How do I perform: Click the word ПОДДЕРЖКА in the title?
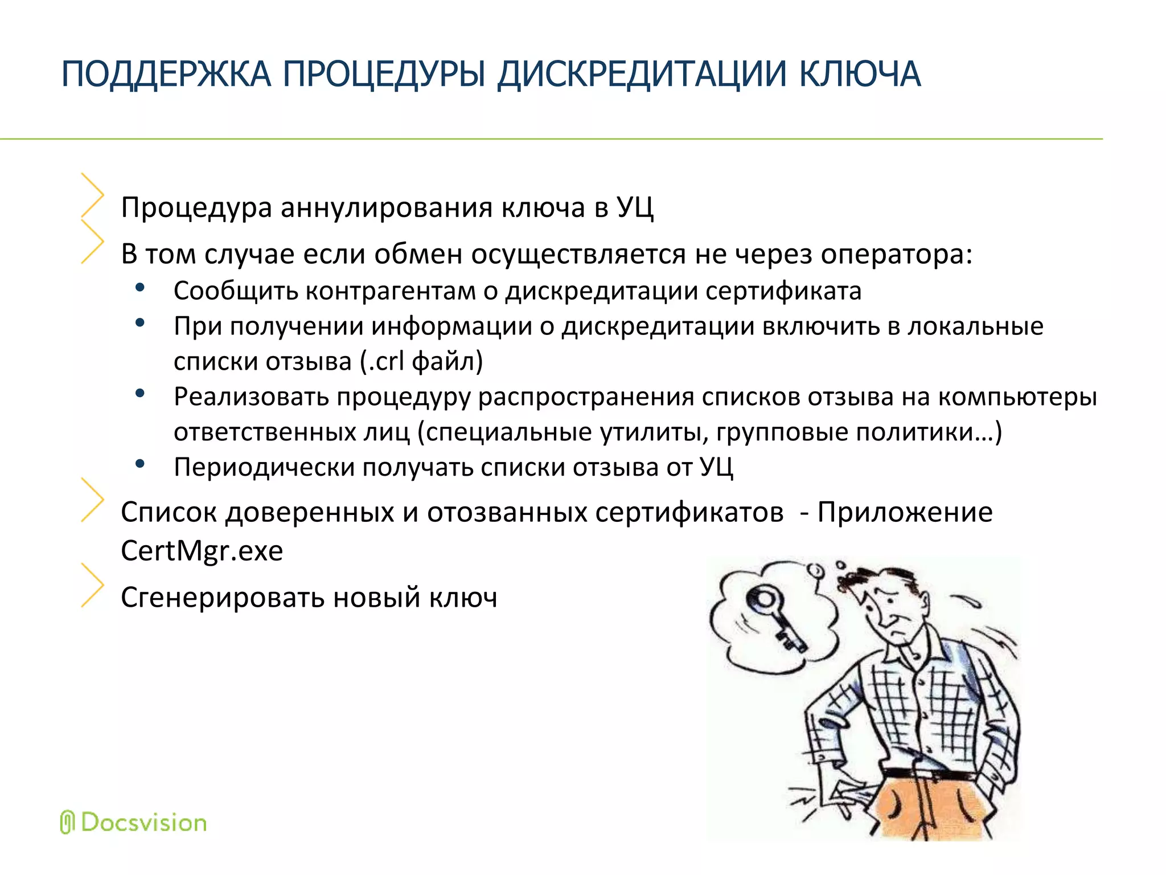(x=166, y=75)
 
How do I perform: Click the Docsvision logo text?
(x=143, y=823)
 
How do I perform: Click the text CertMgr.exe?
(x=202, y=551)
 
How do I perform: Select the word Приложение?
(x=905, y=512)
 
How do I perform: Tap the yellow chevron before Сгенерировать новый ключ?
(x=92, y=585)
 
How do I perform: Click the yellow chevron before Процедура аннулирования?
(x=92, y=195)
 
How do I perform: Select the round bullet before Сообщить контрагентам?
(x=139, y=288)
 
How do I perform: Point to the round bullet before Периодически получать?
(x=139, y=464)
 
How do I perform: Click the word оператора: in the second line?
(x=896, y=254)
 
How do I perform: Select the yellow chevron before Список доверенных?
(x=92, y=500)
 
